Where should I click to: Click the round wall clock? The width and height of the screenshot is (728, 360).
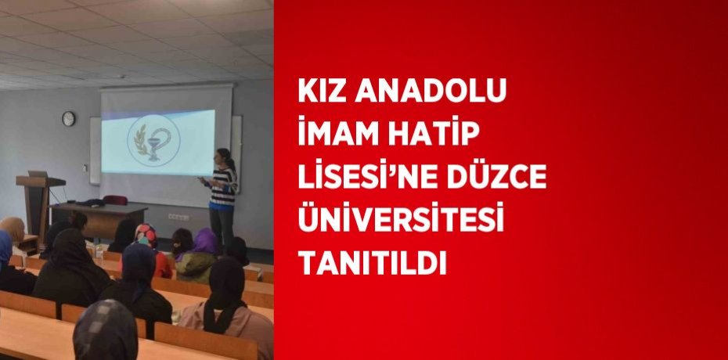pos(69,118)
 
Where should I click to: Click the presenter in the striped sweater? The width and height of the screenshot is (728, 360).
pos(222,196)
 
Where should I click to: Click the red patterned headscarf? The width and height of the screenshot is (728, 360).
pos(146,234)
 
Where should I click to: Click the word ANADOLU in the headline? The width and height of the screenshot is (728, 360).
pos(431,92)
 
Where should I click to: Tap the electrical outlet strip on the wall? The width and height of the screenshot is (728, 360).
pos(179,217)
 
